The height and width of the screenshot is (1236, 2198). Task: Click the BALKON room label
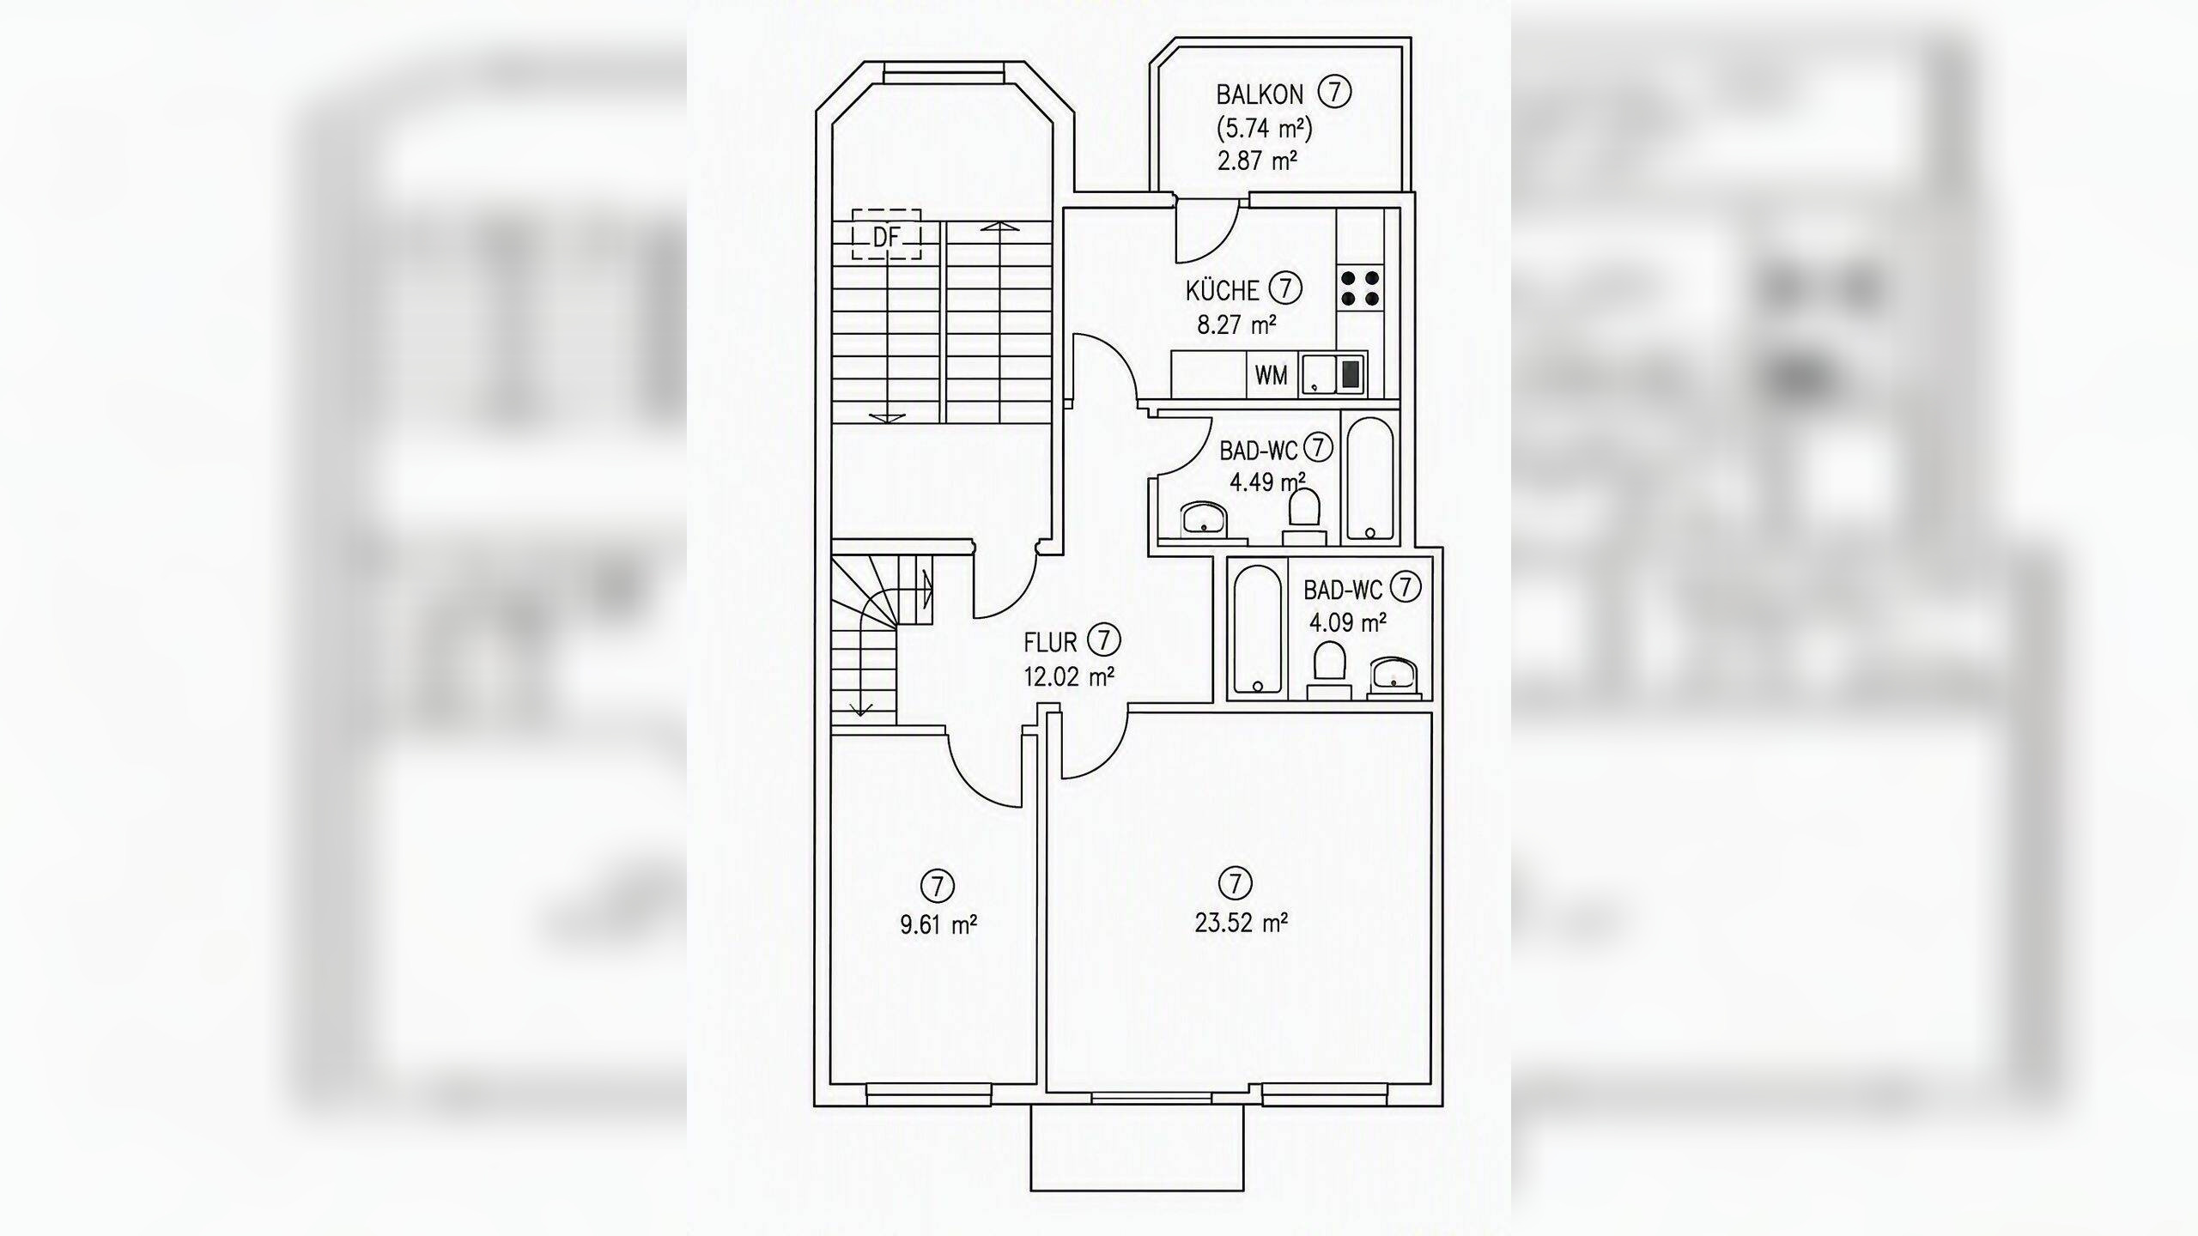pyautogui.click(x=1260, y=94)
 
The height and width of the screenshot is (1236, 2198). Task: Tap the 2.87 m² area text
pyautogui.click(x=1257, y=161)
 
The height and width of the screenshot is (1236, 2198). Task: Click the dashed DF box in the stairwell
pyautogui.click(x=886, y=233)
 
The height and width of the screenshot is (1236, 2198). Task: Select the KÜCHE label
pyautogui.click(x=1222, y=290)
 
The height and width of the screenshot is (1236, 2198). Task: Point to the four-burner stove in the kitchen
pyautogui.click(x=1360, y=288)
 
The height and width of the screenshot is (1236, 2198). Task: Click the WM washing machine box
pyautogui.click(x=1272, y=375)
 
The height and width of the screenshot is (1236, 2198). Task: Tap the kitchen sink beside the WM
pyautogui.click(x=1333, y=375)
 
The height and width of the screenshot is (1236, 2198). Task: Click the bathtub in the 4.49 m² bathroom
pyautogui.click(x=1370, y=477)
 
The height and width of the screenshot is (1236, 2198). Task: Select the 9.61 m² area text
pyautogui.click(x=938, y=924)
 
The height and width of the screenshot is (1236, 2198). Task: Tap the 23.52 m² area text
pyautogui.click(x=1241, y=923)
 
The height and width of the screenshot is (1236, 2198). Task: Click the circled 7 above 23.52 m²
pyautogui.click(x=1235, y=882)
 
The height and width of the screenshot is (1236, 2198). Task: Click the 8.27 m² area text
pyautogui.click(x=1237, y=324)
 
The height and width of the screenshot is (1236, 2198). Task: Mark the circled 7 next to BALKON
pyautogui.click(x=1335, y=92)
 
